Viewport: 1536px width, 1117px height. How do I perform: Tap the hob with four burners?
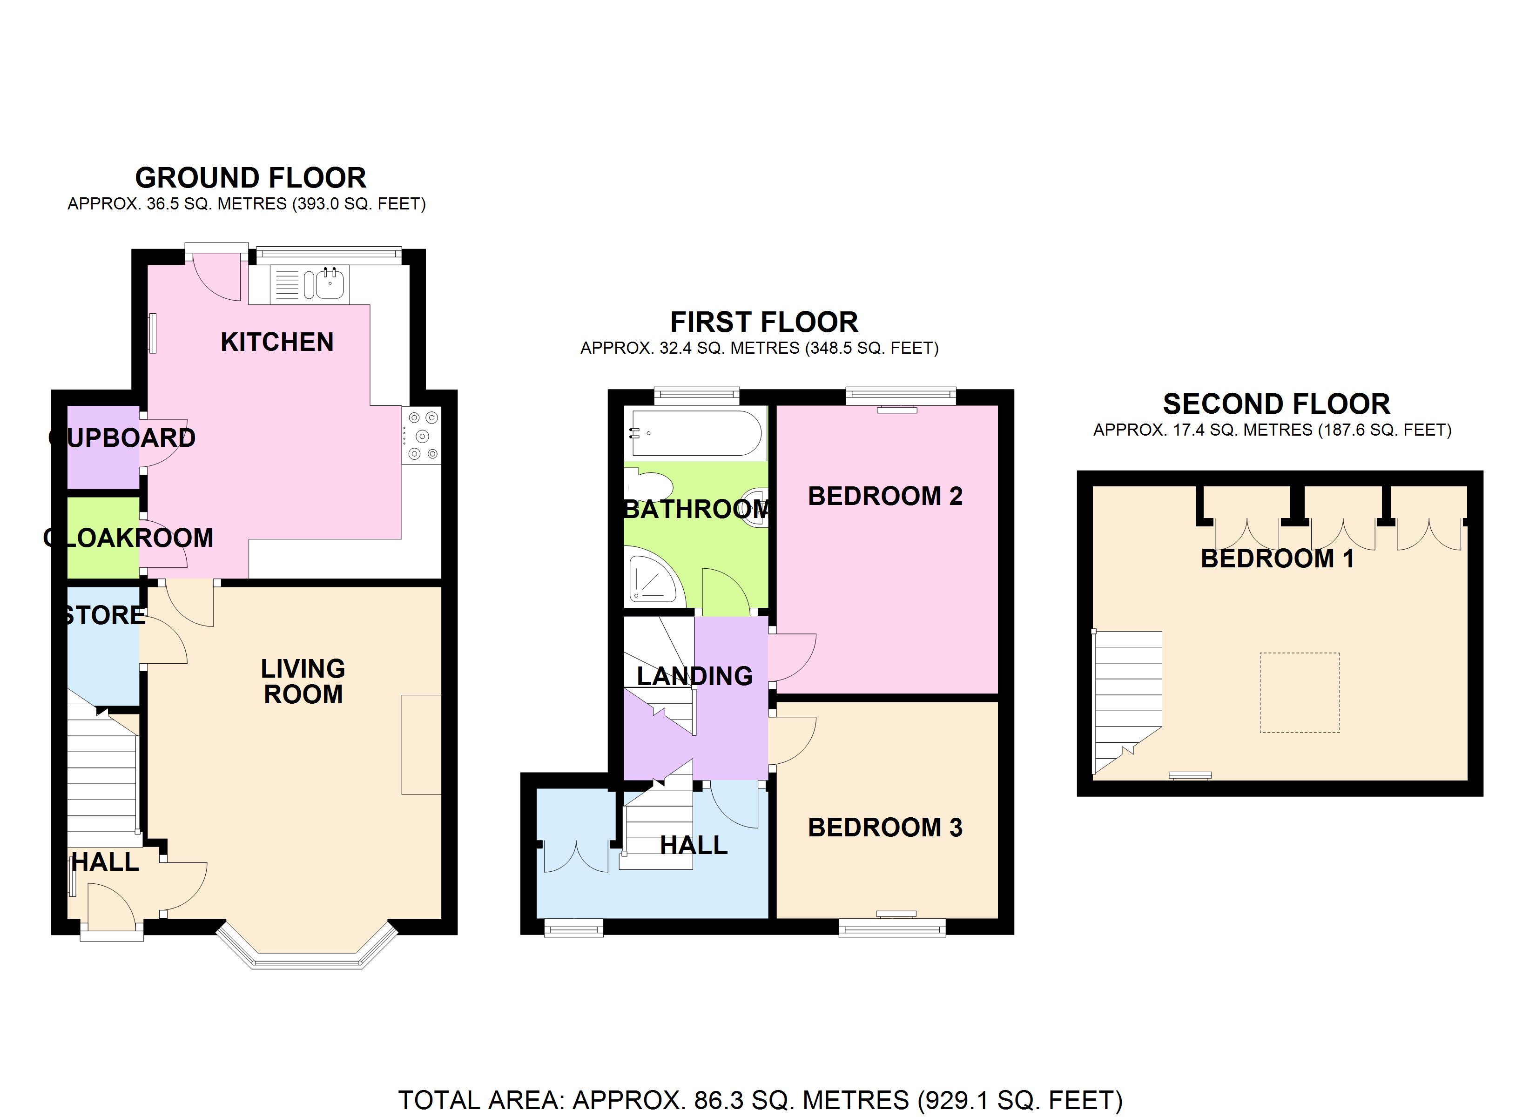coord(421,436)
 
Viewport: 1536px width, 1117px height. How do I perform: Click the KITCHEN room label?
coord(277,342)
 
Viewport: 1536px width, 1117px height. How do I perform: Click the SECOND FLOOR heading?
coord(1277,404)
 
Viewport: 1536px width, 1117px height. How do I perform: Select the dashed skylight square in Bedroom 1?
coord(1300,692)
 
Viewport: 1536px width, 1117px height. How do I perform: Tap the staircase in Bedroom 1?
coord(1128,702)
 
